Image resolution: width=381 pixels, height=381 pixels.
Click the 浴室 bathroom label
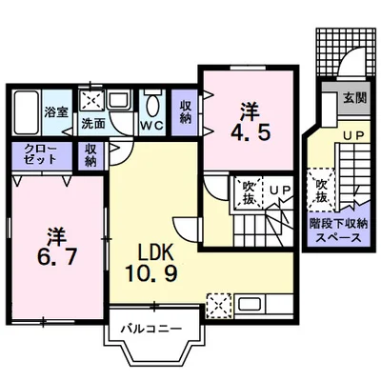click(x=56, y=112)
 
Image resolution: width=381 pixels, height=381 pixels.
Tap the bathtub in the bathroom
click(x=27, y=112)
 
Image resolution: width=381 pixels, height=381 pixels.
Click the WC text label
click(x=152, y=126)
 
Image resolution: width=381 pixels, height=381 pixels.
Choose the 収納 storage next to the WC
click(x=185, y=112)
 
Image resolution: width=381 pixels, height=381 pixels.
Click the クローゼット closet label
click(x=41, y=153)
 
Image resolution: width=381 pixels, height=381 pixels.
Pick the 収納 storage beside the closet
click(x=91, y=154)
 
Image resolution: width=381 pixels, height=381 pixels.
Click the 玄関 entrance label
click(x=355, y=98)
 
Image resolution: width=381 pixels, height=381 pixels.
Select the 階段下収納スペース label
click(x=338, y=231)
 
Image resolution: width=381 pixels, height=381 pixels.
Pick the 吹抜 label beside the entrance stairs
click(x=321, y=191)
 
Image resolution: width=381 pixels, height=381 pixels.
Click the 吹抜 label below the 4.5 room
click(x=249, y=192)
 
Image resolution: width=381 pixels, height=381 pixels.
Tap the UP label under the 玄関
click(x=354, y=135)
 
